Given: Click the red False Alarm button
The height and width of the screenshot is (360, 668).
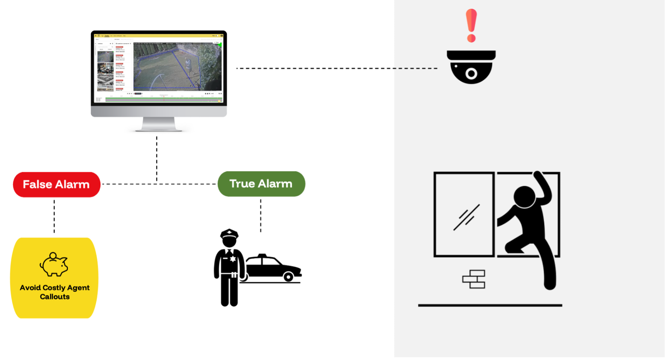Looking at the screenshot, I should pyautogui.click(x=57, y=185).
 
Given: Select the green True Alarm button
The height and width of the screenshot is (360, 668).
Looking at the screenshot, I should pyautogui.click(x=261, y=184).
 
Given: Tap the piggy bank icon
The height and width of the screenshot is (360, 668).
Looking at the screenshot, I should pyautogui.click(x=54, y=265).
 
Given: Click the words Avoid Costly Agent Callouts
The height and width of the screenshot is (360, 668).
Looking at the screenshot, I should pyautogui.click(x=55, y=292).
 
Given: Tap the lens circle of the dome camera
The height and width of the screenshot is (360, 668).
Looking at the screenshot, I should pyautogui.click(x=471, y=73).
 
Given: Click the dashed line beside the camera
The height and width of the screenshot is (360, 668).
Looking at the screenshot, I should pyautogui.click(x=415, y=68).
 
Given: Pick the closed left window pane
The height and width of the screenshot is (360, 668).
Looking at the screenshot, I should pyautogui.click(x=464, y=214).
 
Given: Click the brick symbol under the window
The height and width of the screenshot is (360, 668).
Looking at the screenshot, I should pyautogui.click(x=474, y=279).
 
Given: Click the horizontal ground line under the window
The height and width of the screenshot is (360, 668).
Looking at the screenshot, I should pyautogui.click(x=490, y=305).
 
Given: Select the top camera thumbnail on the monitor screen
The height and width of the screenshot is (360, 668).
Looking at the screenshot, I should pyautogui.click(x=106, y=56).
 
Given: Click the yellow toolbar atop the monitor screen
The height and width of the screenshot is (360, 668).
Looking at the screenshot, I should pyautogui.click(x=159, y=36).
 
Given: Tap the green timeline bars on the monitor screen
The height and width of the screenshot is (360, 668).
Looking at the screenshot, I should pyautogui.click(x=163, y=99).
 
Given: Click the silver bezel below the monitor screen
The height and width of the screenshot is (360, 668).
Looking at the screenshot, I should pyautogui.click(x=159, y=112).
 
